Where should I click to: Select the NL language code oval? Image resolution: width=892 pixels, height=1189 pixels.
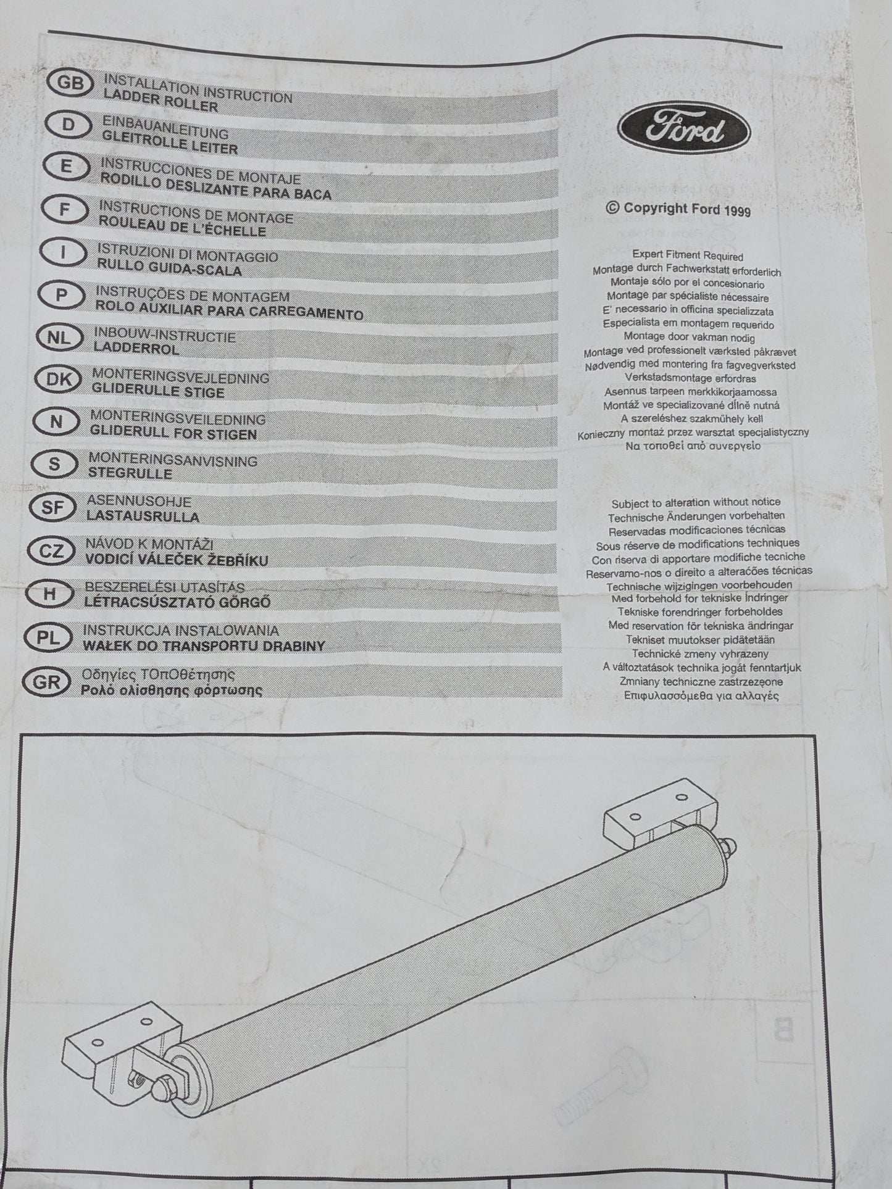(x=58, y=338)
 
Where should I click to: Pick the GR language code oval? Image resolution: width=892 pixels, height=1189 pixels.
(x=45, y=682)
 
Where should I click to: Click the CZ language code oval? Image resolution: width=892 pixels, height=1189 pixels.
(x=51, y=551)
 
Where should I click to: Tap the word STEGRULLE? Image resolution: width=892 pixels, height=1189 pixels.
(x=130, y=474)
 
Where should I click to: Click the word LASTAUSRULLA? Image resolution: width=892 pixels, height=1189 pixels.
(x=143, y=516)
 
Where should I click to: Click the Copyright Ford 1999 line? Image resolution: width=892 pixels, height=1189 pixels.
(x=679, y=209)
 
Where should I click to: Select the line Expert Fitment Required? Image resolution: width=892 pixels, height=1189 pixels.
(x=688, y=255)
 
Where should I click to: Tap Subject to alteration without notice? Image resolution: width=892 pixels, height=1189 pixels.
(x=696, y=502)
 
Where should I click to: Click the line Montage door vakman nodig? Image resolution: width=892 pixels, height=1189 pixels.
(x=689, y=338)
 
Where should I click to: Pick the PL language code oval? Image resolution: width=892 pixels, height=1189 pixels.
(x=47, y=638)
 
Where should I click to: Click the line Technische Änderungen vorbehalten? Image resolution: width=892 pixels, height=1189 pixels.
(x=696, y=516)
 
